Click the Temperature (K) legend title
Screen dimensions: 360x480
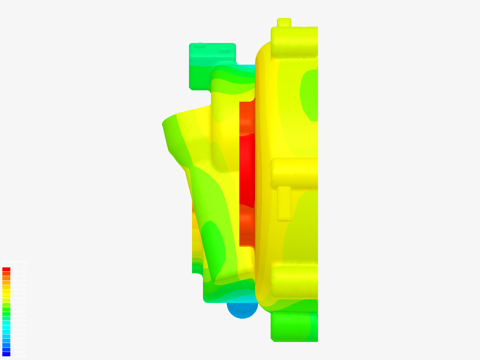click(x=15, y=262)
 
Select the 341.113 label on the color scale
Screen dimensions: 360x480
click(x=20, y=267)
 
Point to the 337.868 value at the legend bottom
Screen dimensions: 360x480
click(x=20, y=356)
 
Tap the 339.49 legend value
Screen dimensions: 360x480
click(x=19, y=312)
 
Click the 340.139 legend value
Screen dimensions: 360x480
click(x=20, y=294)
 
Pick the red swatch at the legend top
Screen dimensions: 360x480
click(x=6, y=269)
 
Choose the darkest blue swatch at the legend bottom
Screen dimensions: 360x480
click(x=6, y=354)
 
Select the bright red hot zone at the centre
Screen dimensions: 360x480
click(x=247, y=170)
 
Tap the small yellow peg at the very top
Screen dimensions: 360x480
click(x=284, y=22)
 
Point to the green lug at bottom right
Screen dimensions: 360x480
click(x=293, y=327)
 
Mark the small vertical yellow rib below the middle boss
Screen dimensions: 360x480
click(x=284, y=203)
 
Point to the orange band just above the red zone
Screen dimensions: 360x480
click(x=247, y=118)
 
